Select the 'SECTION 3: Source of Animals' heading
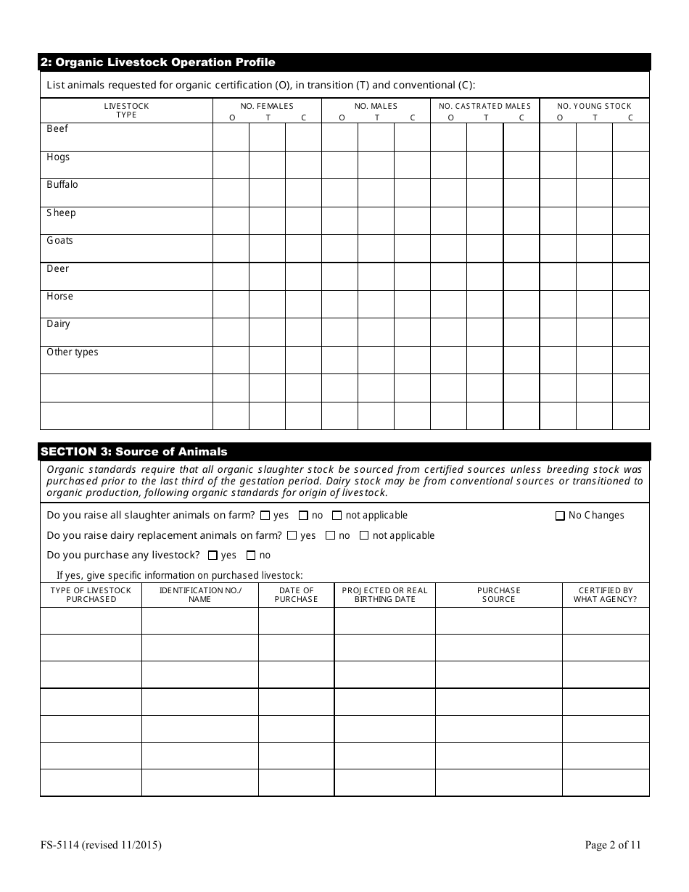tap(134, 452)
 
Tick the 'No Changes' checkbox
tap(560, 516)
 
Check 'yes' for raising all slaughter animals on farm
tap(265, 516)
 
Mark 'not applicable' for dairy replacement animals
tap(364, 536)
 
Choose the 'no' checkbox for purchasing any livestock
tap(251, 556)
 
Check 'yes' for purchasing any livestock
tap(213, 556)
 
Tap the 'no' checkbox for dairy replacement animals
tap(330, 536)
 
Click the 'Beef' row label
tap(57, 129)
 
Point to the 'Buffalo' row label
tap(62, 185)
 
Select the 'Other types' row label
tap(73, 352)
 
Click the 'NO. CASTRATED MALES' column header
tap(484, 107)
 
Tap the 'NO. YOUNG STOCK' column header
tap(594, 107)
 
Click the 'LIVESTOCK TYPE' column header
tap(126, 110)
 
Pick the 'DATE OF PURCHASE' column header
tap(296, 595)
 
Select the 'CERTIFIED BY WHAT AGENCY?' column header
tap(606, 595)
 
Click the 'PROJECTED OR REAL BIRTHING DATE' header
tap(384, 595)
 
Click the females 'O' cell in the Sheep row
tap(231, 220)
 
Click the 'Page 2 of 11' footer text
tap(613, 845)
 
